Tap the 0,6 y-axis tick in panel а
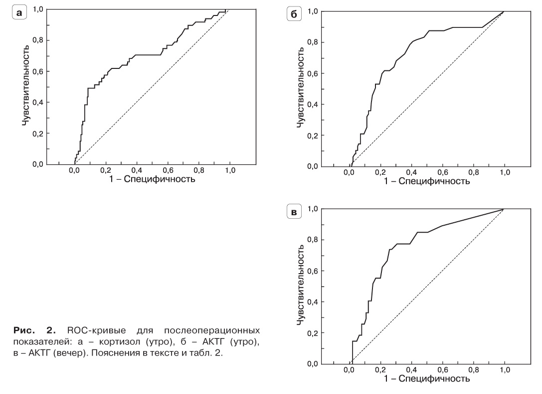coord(38,71)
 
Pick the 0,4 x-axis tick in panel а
coord(136,170)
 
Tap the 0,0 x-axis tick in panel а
coord(74,170)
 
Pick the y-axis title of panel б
coord(301,88)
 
